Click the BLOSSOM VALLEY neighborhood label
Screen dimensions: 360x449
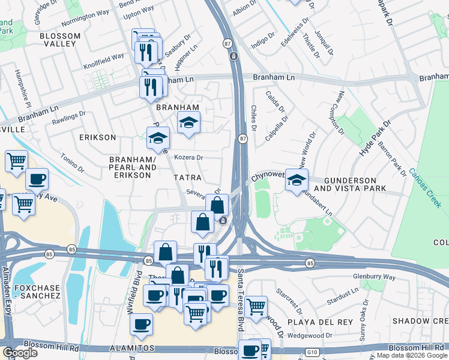coord(60,40)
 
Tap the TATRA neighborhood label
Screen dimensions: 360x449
coord(188,178)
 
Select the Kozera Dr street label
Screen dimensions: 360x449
coord(189,158)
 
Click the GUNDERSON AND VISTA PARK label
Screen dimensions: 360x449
coord(358,184)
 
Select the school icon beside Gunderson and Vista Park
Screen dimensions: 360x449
coord(297,181)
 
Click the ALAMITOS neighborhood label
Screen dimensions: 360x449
coord(132,348)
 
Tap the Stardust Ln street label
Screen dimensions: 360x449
coord(346,295)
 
